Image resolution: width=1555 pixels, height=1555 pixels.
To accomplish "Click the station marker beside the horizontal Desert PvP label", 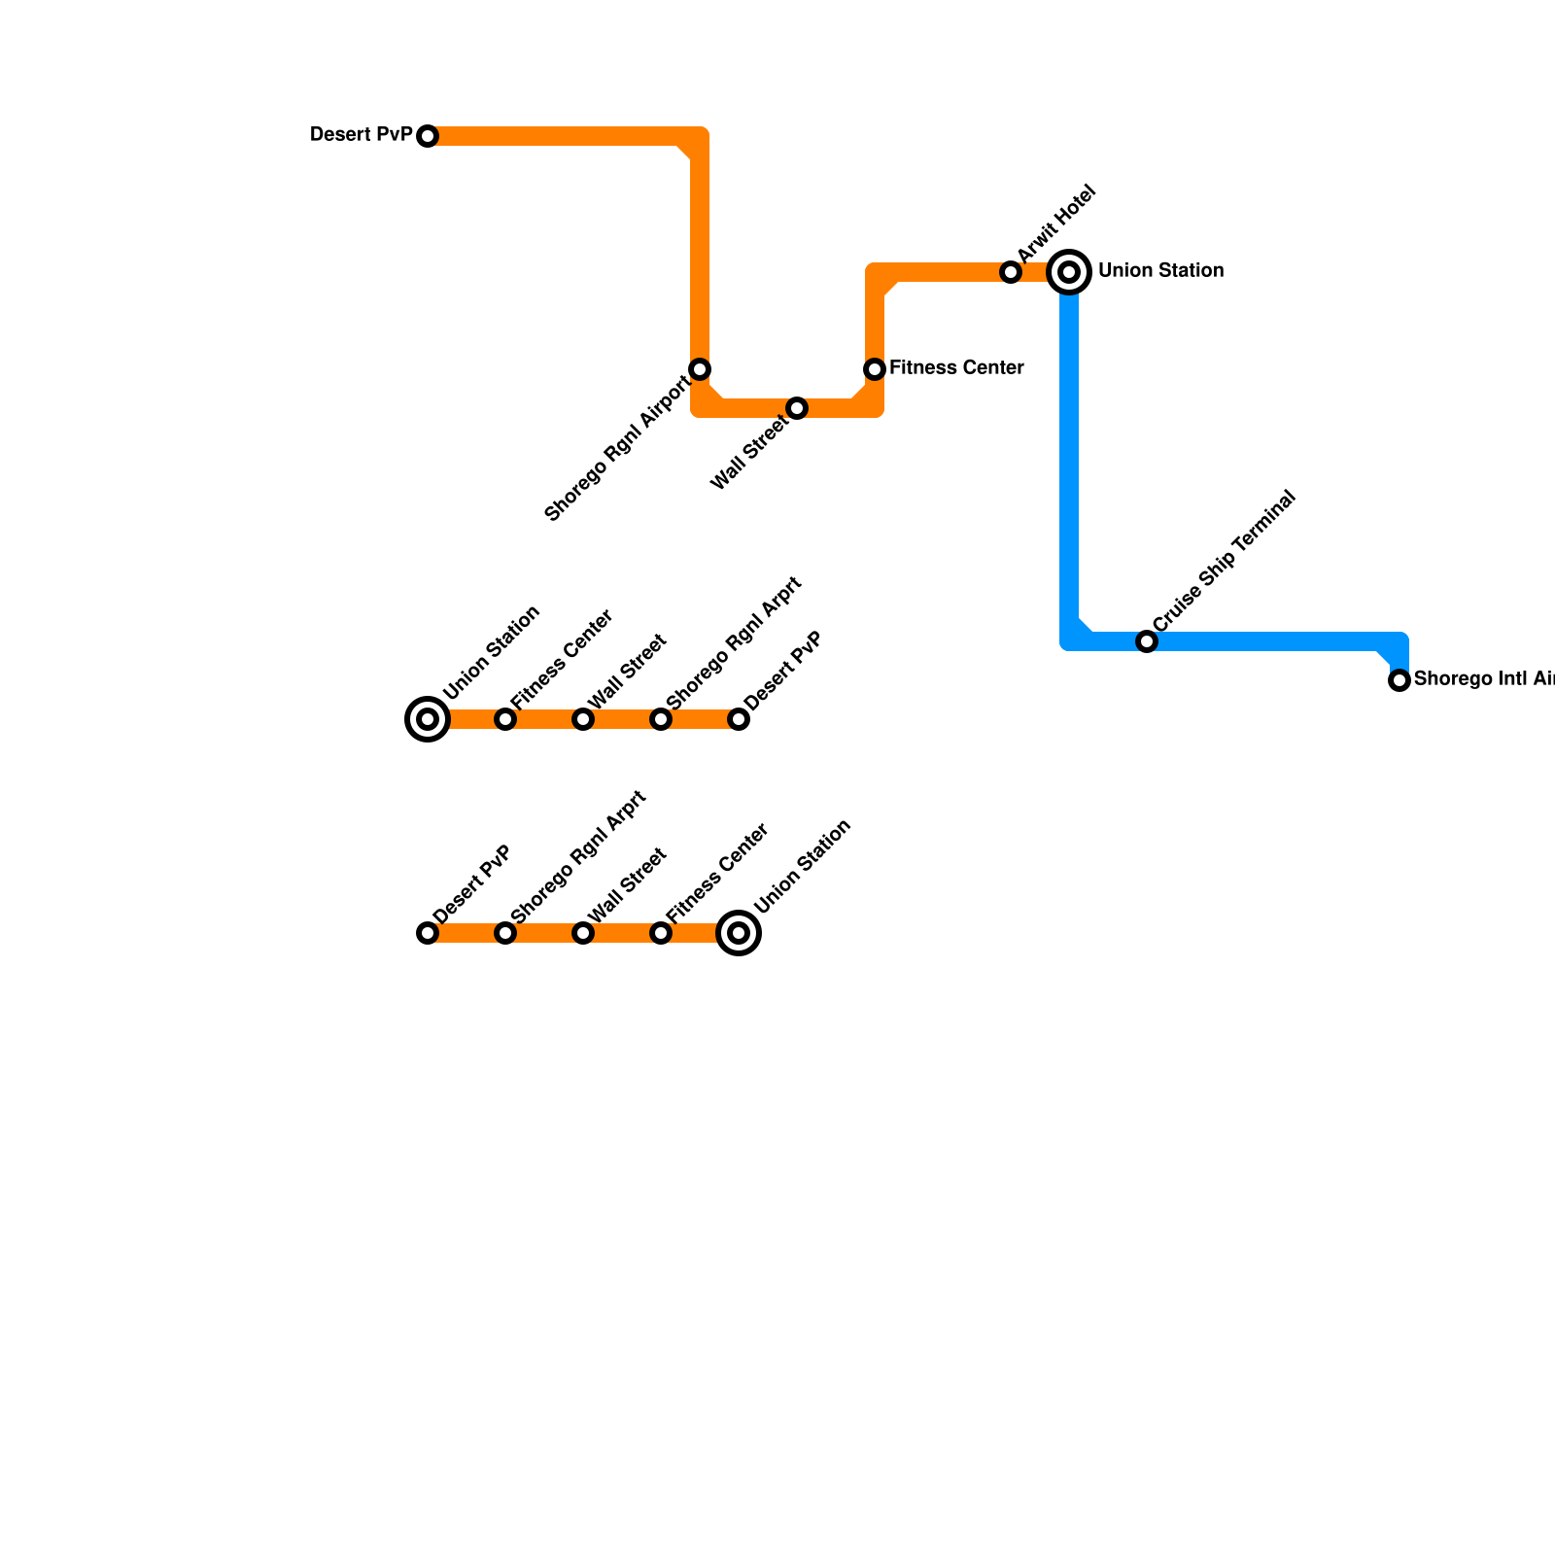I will (428, 136).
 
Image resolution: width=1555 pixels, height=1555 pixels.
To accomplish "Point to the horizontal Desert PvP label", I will (362, 135).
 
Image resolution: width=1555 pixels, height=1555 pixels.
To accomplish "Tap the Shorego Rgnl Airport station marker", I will (700, 369).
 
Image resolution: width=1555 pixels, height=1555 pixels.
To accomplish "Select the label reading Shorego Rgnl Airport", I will (617, 448).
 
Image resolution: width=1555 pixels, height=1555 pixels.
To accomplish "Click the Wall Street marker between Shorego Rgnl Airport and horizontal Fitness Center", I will (797, 408).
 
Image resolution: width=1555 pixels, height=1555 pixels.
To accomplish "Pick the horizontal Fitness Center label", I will (955, 368).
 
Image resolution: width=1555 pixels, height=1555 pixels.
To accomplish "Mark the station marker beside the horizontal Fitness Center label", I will (875, 369).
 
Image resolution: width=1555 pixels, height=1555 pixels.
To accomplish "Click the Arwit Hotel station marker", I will (1011, 272).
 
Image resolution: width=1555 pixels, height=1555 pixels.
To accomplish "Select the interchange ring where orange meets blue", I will (1069, 272).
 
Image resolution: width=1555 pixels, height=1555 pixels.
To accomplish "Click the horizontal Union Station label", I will (1160, 271).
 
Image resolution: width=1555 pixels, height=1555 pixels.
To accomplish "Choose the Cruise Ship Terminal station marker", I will (1147, 641).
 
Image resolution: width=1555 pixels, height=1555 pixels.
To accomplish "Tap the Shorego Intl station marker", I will (1399, 680).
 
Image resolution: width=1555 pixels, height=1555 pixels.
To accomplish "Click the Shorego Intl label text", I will (1483, 679).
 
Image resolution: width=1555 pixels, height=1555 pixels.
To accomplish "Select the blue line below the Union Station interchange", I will (1069, 457).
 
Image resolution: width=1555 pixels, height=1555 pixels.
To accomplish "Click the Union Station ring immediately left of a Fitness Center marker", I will (428, 719).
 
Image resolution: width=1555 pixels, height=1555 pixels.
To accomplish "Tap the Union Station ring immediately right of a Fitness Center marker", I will (739, 933).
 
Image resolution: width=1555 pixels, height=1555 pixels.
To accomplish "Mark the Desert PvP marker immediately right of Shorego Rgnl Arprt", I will (739, 719).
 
